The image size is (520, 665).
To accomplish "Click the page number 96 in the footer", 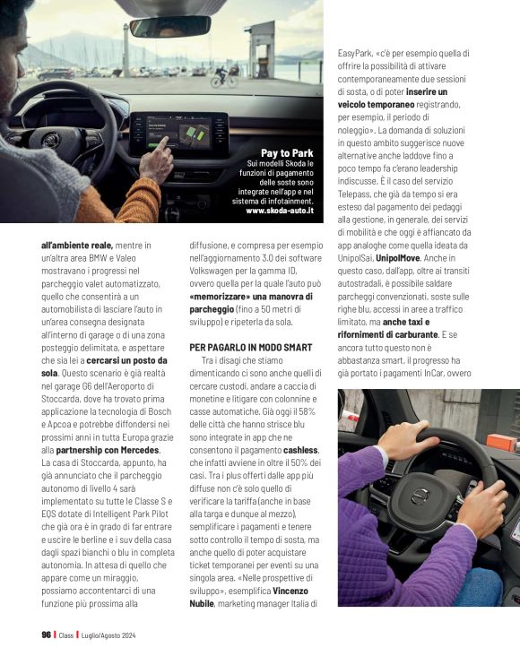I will (x=45, y=635).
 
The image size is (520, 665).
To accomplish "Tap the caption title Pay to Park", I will (x=287, y=152).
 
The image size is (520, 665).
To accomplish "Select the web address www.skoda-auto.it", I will (x=280, y=212).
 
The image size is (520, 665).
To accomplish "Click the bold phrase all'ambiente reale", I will (x=76, y=244).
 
